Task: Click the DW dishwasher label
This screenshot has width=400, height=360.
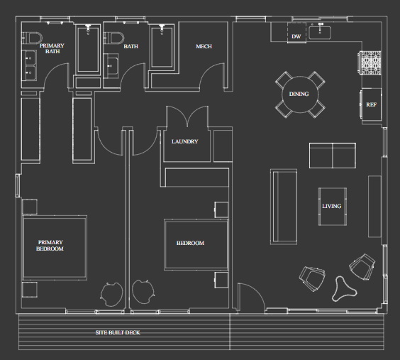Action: coord(296,36)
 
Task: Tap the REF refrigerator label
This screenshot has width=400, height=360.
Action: coord(371,104)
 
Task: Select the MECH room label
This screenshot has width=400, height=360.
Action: coord(204,46)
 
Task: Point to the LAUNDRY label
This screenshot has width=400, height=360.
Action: coord(184,141)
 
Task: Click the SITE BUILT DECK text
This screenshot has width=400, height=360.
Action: coord(118,332)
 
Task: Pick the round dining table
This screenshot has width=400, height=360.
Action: coord(300,94)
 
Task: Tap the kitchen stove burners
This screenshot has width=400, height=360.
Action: coord(370,63)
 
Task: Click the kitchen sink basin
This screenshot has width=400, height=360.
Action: coord(320,33)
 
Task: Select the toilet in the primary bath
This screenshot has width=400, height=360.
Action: coord(31,38)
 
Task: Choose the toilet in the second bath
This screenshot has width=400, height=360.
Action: coord(113,38)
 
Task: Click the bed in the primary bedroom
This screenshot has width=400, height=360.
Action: coord(55,248)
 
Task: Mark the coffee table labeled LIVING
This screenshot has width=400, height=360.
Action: coord(333,207)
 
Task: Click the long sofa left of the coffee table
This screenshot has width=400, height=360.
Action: coord(284,207)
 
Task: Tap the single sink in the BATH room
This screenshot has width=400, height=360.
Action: coord(111,66)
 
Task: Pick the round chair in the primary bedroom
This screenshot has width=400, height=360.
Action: coord(112,294)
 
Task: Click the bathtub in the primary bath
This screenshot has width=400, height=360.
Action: coord(88,49)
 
